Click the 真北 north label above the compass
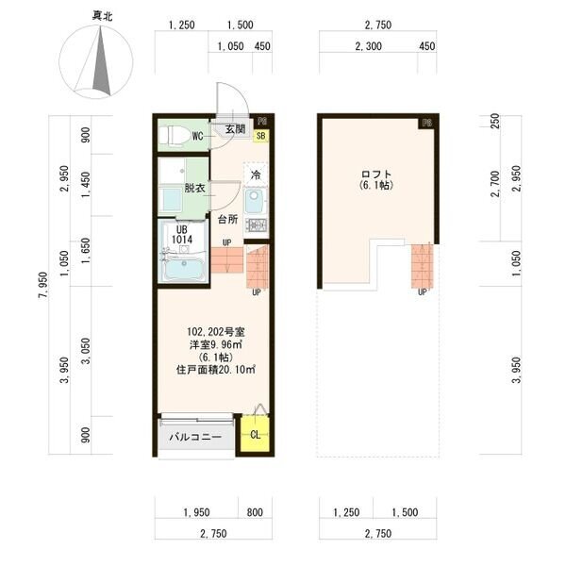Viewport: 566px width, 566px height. (102, 16)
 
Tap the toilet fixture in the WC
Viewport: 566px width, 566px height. (175, 135)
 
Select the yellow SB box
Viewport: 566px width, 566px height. (260, 135)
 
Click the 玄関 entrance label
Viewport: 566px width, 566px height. (235, 129)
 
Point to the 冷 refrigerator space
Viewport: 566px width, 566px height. (256, 175)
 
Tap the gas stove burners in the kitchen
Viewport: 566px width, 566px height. (256, 225)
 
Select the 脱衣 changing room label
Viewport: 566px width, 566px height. (194, 188)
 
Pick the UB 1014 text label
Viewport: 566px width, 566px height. (182, 235)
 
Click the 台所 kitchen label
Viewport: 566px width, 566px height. (227, 219)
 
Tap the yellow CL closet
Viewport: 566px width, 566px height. (255, 434)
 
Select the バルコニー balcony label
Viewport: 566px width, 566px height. (195, 437)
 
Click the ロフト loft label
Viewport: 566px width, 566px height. (376, 175)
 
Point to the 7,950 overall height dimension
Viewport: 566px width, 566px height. (43, 285)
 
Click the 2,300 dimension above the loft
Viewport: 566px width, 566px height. (368, 46)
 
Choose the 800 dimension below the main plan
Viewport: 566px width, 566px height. (255, 512)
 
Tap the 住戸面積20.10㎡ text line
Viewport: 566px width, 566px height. (216, 370)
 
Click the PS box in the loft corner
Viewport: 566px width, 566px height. (426, 124)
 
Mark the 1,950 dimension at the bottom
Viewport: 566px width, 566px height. (196, 512)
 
